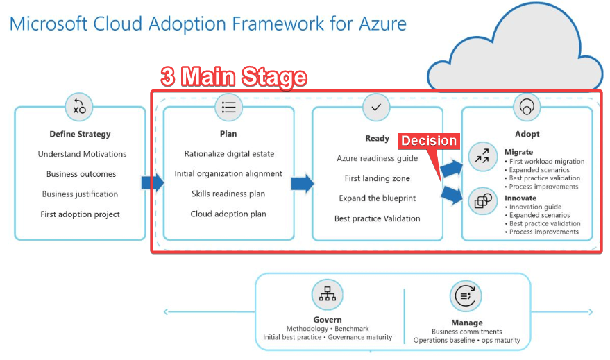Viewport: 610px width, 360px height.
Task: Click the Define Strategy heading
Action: point(80,134)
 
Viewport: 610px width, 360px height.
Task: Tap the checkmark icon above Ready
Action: point(376,107)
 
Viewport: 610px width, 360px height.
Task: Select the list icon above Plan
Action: point(228,107)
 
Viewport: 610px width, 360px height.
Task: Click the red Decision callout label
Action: point(429,141)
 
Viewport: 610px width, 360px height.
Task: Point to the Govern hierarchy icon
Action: point(327,294)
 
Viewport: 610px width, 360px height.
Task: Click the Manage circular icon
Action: point(466,296)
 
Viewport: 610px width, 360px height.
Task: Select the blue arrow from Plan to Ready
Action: point(303,183)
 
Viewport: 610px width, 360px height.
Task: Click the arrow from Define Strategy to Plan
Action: point(153,182)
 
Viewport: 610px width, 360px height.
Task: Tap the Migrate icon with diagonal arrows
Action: point(482,156)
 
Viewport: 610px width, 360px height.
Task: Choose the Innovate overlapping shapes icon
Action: point(483,201)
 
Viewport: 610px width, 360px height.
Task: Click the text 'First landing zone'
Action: point(377,178)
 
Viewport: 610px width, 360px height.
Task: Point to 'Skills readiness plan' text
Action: point(228,194)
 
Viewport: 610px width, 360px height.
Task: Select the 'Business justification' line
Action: point(80,194)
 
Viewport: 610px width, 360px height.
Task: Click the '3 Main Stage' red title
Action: point(234,76)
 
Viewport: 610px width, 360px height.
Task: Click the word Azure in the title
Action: point(382,24)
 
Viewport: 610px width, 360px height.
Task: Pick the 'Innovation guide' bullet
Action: point(535,207)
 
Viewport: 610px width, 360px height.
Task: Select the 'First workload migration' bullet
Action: point(544,162)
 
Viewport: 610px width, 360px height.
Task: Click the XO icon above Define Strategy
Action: point(79,107)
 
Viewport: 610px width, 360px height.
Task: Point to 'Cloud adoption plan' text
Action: point(228,214)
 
